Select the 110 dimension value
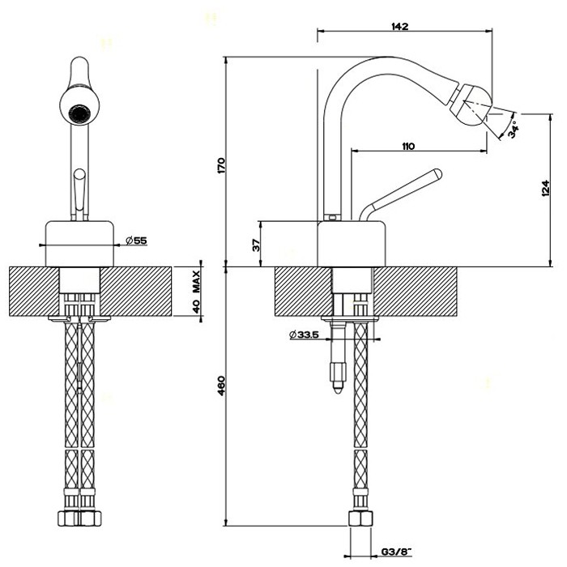407,146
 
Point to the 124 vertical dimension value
522,189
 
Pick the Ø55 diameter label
136,240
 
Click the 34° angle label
515,126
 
